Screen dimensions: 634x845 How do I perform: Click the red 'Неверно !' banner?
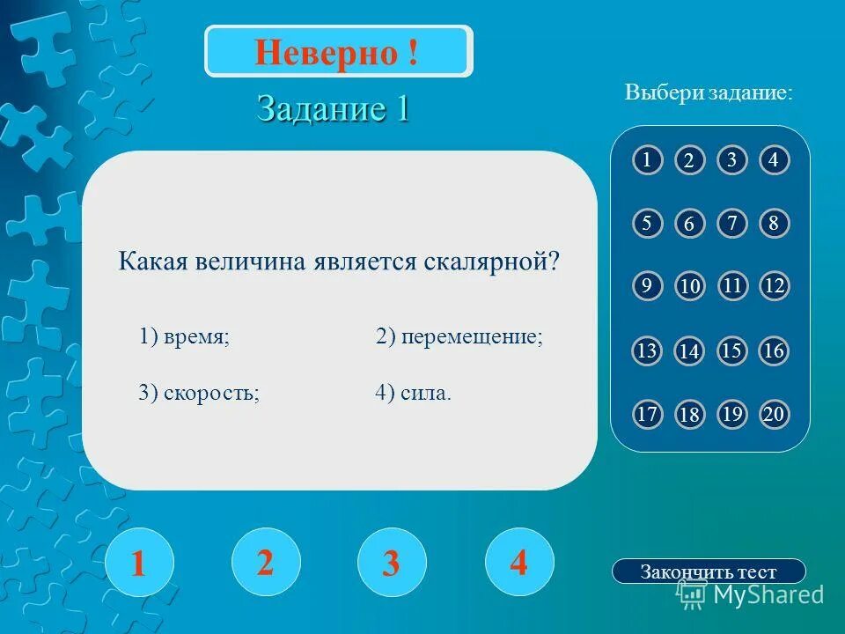click(x=338, y=52)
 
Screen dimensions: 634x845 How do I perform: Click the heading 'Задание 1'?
click(x=333, y=109)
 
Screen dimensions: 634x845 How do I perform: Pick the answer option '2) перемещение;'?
click(x=459, y=337)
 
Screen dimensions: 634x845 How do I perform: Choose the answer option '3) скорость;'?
click(x=199, y=393)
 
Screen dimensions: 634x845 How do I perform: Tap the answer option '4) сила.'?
click(x=413, y=393)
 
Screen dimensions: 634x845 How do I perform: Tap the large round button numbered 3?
click(x=392, y=563)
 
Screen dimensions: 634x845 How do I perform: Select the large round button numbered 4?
click(x=519, y=562)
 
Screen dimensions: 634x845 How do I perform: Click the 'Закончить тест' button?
click(x=709, y=571)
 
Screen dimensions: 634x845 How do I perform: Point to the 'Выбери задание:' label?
click(x=709, y=92)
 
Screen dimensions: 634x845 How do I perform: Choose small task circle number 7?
click(x=731, y=223)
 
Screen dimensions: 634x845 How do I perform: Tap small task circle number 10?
click(x=689, y=287)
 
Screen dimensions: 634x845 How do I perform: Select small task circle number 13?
click(x=647, y=351)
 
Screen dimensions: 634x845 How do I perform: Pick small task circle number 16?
click(x=774, y=351)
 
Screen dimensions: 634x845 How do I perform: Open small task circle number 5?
click(x=647, y=223)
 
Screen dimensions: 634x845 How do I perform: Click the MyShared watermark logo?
click(x=750, y=594)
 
